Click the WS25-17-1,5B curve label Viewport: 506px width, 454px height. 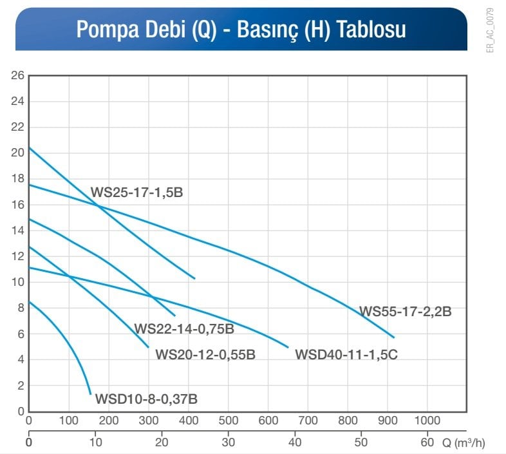tap(136, 192)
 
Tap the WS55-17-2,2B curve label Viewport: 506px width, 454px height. tap(405, 312)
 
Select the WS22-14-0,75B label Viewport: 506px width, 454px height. tap(183, 329)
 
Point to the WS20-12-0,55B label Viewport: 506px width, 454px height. tap(205, 354)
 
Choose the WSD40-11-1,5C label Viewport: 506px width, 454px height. tap(346, 354)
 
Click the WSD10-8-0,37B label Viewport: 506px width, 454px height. tap(146, 399)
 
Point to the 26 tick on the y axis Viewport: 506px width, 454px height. tap(17, 75)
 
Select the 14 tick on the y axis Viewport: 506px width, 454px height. tap(17, 231)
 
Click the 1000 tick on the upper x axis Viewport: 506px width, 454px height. tap(427, 421)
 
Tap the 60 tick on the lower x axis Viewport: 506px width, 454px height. tap(427, 442)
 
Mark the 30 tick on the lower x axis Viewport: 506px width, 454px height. tap(228, 442)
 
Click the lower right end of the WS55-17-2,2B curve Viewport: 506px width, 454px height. tap(393, 337)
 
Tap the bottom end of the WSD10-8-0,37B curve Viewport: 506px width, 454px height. tap(90, 393)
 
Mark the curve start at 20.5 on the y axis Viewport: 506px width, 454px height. tap(30, 148)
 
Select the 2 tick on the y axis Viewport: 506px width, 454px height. tap(21, 386)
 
